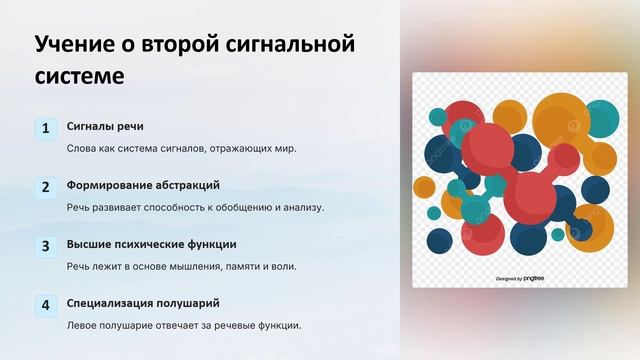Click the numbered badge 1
click(45, 128)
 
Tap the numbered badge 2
click(45, 187)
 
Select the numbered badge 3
click(45, 246)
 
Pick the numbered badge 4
click(45, 305)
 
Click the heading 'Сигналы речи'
click(105, 126)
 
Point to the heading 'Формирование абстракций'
click(143, 185)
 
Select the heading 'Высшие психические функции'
click(151, 244)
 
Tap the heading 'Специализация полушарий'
click(143, 303)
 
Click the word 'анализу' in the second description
click(302, 207)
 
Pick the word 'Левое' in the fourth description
click(83, 325)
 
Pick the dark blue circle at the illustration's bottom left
click(440, 241)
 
